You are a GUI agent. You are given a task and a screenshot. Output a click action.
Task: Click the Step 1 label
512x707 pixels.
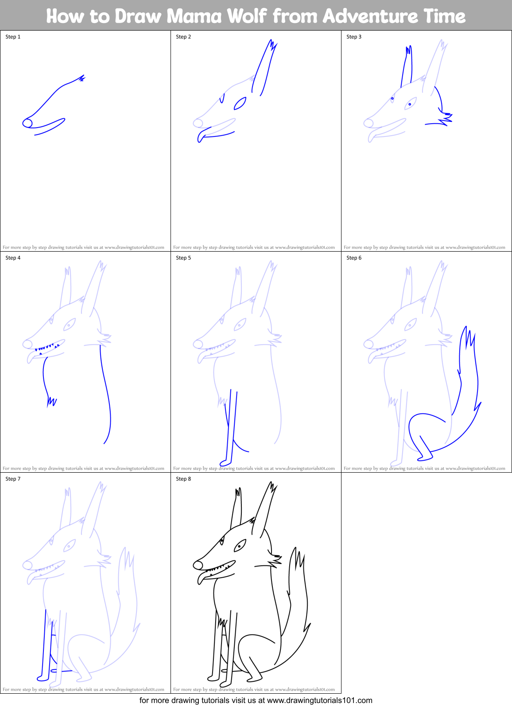tap(13, 37)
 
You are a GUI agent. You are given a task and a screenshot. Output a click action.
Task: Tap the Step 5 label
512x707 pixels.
tap(183, 258)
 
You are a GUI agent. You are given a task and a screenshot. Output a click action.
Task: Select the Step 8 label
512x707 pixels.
tap(183, 479)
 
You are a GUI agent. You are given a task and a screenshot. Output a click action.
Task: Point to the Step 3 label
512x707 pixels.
tap(354, 37)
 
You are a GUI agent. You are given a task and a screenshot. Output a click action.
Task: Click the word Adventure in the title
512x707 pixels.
tap(370, 16)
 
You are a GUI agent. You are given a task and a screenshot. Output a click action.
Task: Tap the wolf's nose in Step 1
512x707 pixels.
tap(27, 123)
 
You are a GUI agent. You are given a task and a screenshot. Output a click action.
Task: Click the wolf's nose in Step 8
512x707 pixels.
tap(198, 565)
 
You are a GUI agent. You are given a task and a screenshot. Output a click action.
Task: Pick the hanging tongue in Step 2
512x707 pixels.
tap(201, 136)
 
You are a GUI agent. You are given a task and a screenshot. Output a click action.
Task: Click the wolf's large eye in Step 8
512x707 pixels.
tap(240, 545)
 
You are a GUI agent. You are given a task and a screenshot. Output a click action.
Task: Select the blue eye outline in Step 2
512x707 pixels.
tap(240, 103)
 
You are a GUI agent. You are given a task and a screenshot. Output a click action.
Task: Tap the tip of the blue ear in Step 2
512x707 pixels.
tap(271, 41)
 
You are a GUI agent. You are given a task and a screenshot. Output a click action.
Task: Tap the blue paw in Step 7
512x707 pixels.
tap(43, 677)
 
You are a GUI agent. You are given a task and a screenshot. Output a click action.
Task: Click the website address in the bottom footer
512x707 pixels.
tap(319, 700)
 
